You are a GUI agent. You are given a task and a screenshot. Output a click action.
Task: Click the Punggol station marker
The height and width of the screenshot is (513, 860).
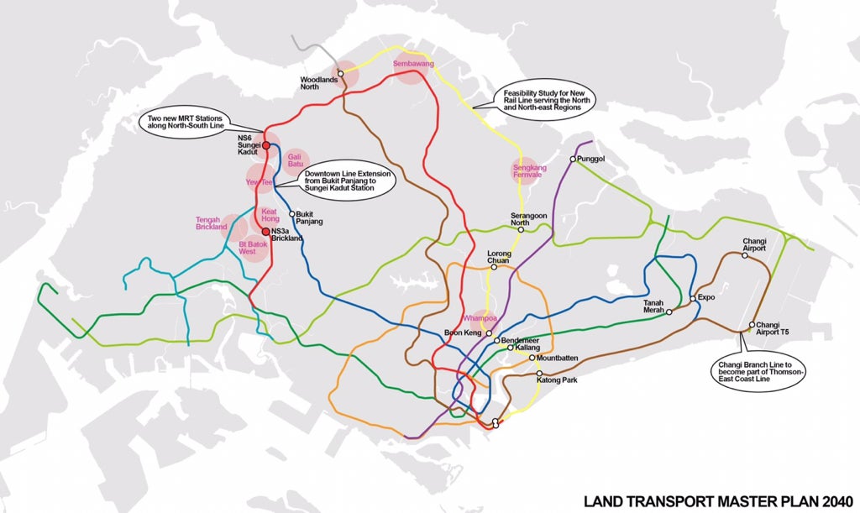573,159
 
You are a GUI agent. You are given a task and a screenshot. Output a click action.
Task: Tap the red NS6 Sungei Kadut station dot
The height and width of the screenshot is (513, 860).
265,145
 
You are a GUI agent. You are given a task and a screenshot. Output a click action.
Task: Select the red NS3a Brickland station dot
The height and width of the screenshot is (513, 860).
265,231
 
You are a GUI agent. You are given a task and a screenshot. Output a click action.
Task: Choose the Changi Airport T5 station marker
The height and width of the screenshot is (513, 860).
752,325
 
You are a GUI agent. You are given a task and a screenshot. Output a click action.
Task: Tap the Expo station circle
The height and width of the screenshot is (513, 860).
693,298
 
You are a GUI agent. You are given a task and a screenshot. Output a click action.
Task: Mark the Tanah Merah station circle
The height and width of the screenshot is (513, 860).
669,311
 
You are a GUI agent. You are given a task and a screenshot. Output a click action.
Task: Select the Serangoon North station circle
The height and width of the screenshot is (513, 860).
521,229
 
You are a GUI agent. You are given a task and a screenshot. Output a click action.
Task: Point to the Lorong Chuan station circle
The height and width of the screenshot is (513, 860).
494,267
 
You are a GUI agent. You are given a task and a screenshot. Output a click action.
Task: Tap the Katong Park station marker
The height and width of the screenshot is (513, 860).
539,373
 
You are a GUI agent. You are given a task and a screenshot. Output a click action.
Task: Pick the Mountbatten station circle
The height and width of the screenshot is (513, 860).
532,358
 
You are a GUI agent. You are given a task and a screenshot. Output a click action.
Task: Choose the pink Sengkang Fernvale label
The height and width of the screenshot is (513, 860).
527,170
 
